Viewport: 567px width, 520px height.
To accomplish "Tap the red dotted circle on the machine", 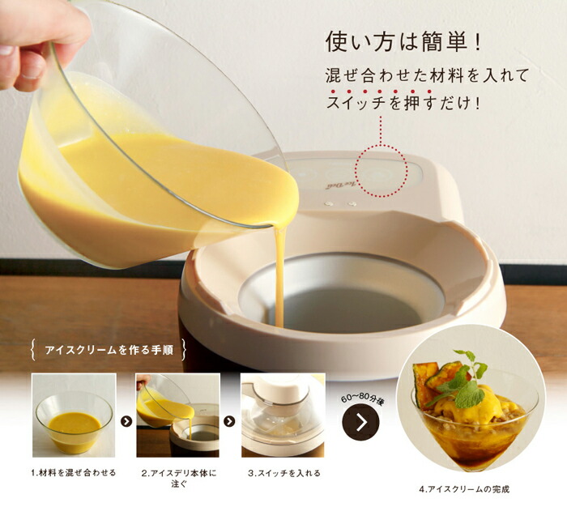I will tap(381, 170).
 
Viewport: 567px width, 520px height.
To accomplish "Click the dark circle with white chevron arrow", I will tap(360, 422).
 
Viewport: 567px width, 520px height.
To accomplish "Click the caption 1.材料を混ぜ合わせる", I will tap(74, 472).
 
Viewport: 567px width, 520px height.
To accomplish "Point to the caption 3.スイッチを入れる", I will tap(284, 472).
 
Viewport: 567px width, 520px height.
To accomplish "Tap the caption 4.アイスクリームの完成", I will tap(464, 489).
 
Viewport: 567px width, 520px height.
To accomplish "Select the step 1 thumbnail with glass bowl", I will tap(73, 416).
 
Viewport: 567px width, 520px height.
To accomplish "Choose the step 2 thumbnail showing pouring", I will tap(177, 416).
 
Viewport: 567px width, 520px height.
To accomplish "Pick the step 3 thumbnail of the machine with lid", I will tap(283, 416).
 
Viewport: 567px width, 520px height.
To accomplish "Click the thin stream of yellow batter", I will tap(279, 275).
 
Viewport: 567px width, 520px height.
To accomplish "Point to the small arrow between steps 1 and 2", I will tap(126, 421).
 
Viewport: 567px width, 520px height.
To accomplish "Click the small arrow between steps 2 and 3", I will tap(230, 421).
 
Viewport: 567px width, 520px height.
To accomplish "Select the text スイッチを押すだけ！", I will tap(403, 104).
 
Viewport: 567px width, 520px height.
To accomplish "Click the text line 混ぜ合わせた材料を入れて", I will tap(424, 76).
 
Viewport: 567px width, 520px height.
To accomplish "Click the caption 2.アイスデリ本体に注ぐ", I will tap(179, 478).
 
